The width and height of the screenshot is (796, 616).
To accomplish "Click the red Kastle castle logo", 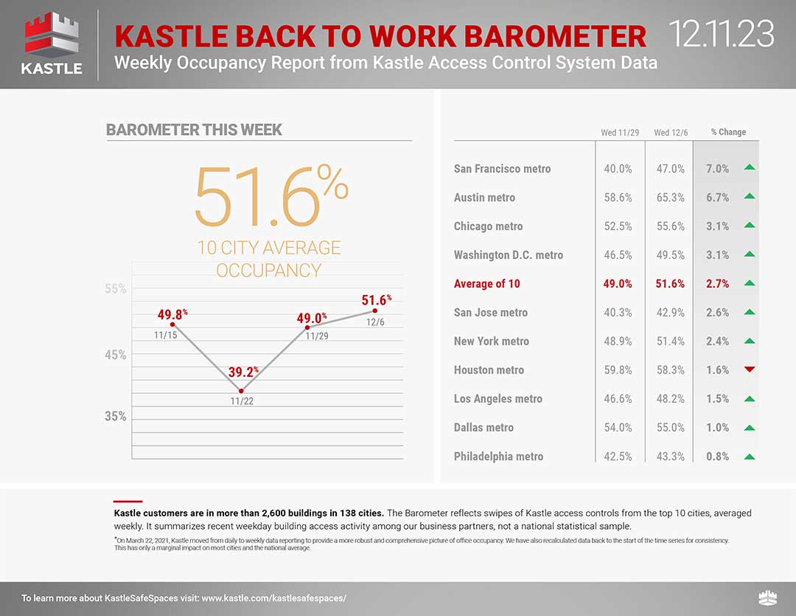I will (x=52, y=35).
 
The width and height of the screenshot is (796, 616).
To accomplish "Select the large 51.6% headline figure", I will (x=270, y=196).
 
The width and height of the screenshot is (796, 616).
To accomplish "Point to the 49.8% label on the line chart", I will (x=172, y=315).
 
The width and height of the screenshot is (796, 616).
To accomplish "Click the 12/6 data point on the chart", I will (x=375, y=311).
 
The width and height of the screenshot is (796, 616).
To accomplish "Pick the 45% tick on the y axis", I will (x=114, y=355).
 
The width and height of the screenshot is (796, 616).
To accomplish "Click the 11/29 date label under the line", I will (x=317, y=336).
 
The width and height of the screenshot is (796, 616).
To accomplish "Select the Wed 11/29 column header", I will (x=620, y=133).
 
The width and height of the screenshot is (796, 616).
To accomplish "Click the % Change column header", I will (x=728, y=132).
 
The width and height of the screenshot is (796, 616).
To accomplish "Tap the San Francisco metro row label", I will (x=502, y=169).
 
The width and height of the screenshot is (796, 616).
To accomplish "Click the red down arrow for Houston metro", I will (x=750, y=369).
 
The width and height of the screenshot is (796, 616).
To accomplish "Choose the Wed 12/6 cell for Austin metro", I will (x=670, y=198).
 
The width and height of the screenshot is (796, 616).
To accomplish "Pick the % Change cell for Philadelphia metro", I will (x=717, y=457).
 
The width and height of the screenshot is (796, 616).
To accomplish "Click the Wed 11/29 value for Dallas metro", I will (x=618, y=428).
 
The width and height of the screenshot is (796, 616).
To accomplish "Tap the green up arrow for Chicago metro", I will (x=750, y=225).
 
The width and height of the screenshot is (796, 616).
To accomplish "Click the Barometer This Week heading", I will (x=194, y=130).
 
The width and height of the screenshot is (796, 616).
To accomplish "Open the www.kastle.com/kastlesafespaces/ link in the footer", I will (x=273, y=598).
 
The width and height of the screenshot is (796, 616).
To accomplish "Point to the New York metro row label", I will (x=491, y=342).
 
